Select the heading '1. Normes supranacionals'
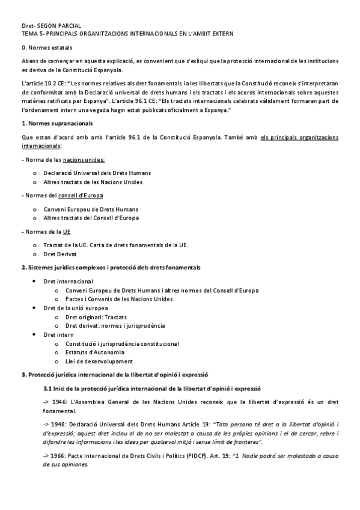(57, 123)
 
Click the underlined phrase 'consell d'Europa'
(84, 195)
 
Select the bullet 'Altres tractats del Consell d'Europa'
(91, 218)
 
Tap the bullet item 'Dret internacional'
(68, 281)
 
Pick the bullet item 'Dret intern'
(58, 334)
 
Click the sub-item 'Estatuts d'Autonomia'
(95, 352)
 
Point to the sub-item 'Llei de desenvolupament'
(99, 361)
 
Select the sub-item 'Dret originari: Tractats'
(96, 317)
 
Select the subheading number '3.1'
(57, 389)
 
